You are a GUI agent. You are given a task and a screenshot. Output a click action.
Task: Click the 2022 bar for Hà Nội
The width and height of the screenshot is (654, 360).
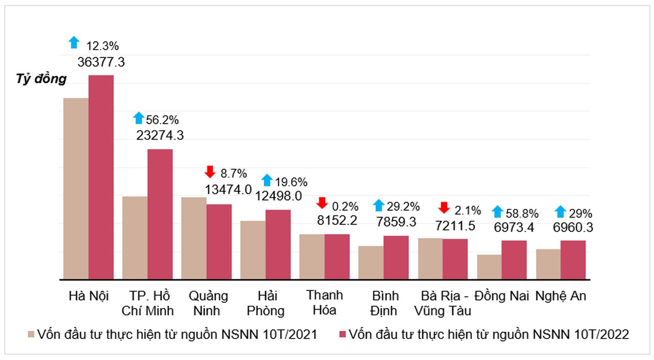(x=101, y=177)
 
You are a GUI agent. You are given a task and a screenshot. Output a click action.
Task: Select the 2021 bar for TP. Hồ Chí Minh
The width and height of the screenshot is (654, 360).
(x=135, y=238)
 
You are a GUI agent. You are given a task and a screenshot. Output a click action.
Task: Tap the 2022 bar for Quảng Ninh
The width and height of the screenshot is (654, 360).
(x=219, y=241)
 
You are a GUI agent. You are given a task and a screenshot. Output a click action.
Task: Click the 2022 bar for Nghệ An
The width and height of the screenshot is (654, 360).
(x=573, y=260)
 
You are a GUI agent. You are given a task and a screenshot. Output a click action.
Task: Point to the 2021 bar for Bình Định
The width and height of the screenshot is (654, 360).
(x=370, y=262)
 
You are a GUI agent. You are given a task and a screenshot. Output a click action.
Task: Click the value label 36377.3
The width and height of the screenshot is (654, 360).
(x=101, y=62)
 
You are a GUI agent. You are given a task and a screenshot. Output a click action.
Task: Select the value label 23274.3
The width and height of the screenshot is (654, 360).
(x=160, y=135)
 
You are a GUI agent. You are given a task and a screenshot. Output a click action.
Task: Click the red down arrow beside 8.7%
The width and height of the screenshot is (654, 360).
(x=209, y=172)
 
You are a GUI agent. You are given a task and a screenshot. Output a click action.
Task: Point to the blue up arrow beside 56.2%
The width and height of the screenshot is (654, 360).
(x=138, y=118)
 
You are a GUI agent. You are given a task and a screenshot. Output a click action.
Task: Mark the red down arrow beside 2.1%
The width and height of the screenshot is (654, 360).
(x=444, y=208)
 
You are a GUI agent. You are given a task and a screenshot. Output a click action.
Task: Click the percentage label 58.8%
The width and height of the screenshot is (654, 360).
(x=521, y=213)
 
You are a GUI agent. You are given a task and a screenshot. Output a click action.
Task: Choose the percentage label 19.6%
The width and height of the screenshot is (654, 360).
(x=291, y=182)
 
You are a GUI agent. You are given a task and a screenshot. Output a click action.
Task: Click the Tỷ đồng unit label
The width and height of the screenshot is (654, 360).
(x=41, y=79)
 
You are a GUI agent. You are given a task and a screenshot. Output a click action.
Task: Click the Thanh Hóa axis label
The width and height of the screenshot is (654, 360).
(x=324, y=302)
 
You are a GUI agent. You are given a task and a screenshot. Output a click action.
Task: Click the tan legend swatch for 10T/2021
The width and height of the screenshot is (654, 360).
(x=31, y=334)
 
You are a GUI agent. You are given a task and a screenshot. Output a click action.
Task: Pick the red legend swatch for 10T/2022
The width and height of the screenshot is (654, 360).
(x=342, y=334)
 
